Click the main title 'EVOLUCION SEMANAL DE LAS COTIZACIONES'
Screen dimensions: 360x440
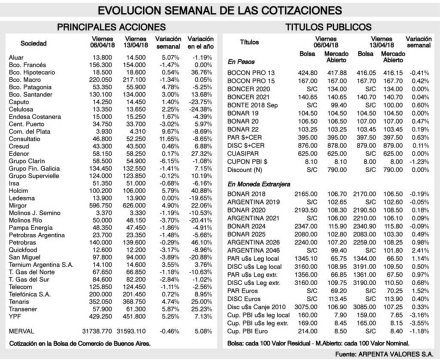[x=220, y=10]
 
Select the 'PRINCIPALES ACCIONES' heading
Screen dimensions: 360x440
[x=111, y=27]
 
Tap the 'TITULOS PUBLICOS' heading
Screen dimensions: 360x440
[x=328, y=27]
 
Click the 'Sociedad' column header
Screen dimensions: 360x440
[x=34, y=43]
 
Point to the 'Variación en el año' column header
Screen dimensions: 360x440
[x=201, y=42]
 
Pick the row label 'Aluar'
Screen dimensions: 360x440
[x=16, y=57]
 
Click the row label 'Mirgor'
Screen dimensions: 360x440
[x=18, y=205]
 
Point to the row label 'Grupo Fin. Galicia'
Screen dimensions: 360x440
[x=34, y=168]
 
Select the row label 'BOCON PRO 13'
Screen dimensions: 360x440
[x=251, y=73]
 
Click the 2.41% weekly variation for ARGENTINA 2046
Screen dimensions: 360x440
[x=420, y=250]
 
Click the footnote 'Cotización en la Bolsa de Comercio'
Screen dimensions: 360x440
[x=80, y=343]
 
